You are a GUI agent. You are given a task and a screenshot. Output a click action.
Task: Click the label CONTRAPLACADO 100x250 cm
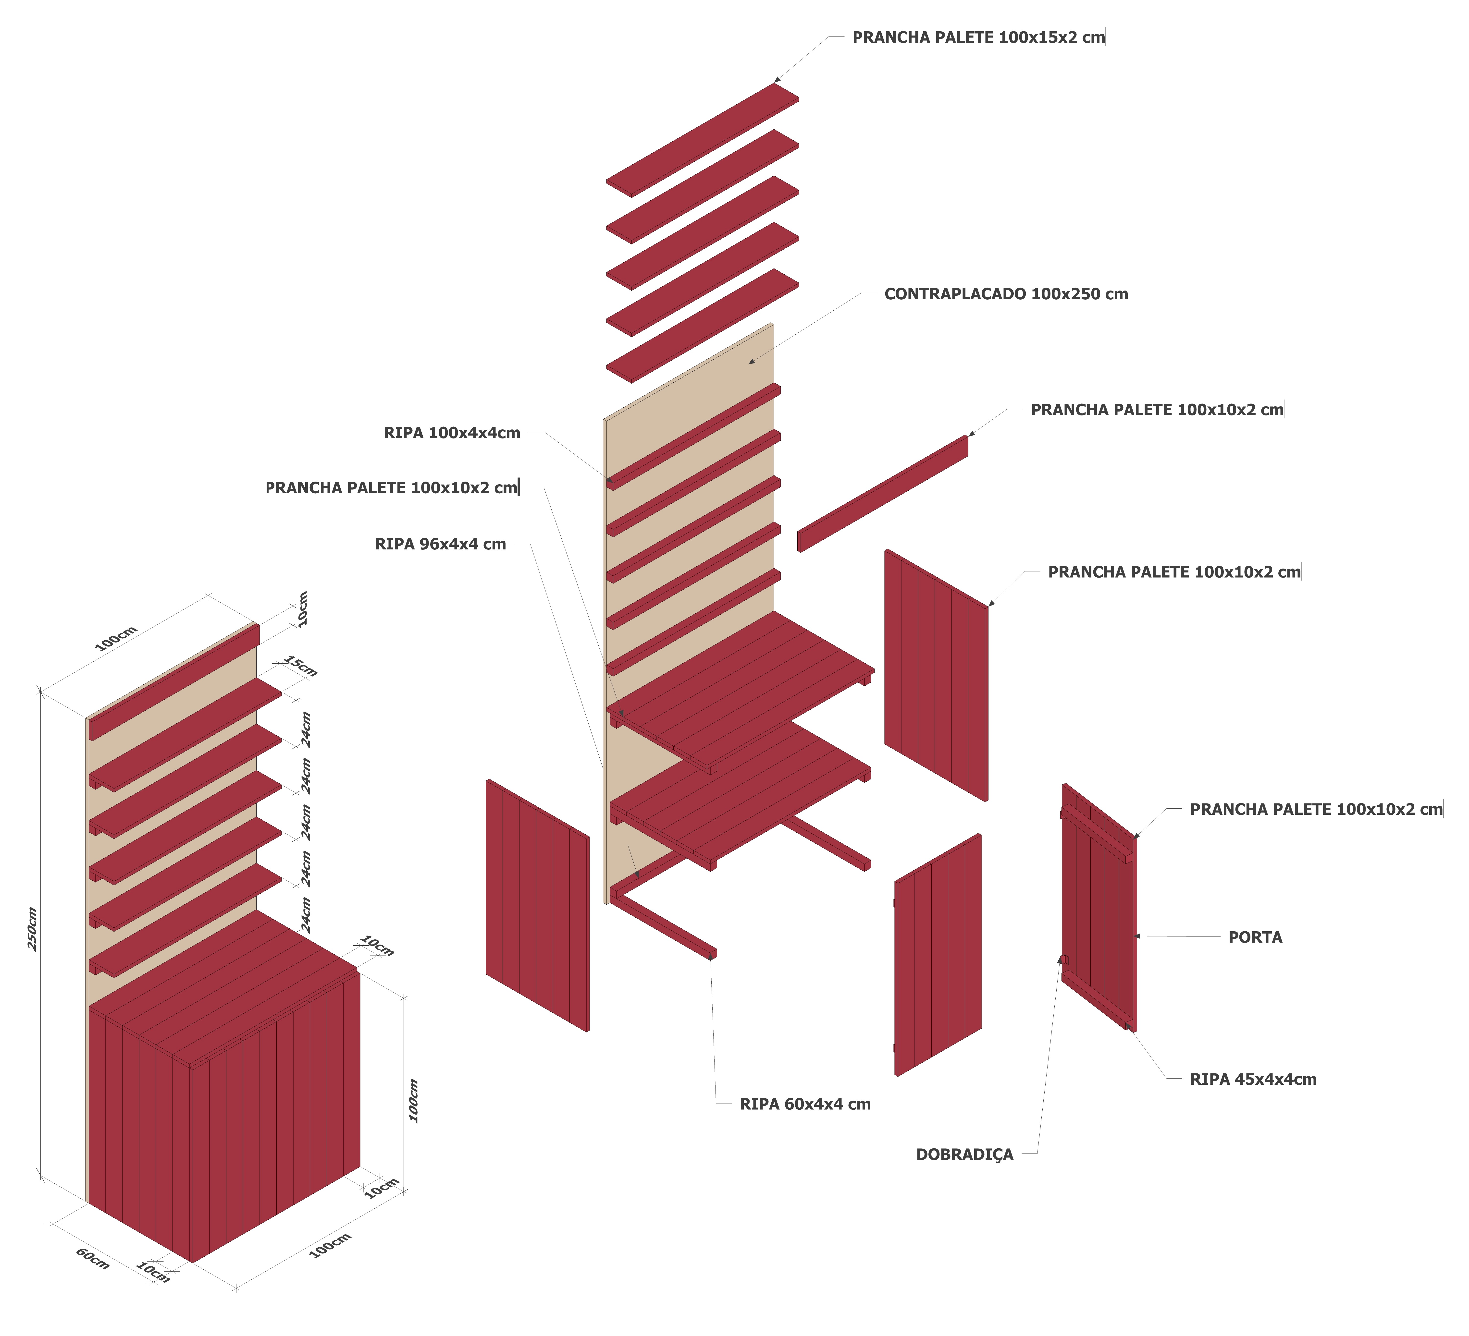tap(1006, 294)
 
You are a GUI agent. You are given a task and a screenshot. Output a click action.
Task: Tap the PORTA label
tap(1255, 937)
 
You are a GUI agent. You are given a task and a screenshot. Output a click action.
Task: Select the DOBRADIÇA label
tap(964, 1155)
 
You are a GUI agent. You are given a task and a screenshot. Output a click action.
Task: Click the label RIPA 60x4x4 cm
tap(804, 1104)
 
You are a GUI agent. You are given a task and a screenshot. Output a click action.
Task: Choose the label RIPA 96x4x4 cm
tap(440, 544)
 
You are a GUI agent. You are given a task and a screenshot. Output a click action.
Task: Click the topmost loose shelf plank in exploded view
tap(703, 140)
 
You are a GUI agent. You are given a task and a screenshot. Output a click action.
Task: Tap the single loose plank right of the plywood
tap(883, 493)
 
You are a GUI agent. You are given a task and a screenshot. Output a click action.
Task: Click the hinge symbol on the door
tap(1064, 959)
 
